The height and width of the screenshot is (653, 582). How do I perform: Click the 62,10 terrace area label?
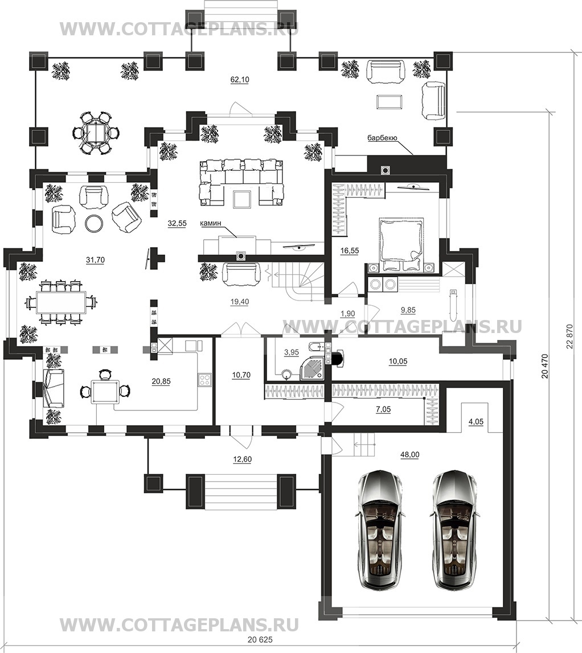pos(240,80)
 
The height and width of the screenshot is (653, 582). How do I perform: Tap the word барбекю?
pos(382,138)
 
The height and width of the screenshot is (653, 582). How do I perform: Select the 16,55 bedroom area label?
pos(349,250)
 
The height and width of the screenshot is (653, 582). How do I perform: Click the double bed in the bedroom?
pos(401,246)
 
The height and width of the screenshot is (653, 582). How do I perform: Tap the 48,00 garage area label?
pos(410,455)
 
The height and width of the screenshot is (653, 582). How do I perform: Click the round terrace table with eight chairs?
pos(97,133)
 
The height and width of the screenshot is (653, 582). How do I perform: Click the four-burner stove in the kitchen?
pos(205,379)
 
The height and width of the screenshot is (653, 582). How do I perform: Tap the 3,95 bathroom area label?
pos(292,352)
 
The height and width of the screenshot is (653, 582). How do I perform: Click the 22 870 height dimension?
pos(569,338)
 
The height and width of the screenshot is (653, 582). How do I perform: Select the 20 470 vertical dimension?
pos(544,366)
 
